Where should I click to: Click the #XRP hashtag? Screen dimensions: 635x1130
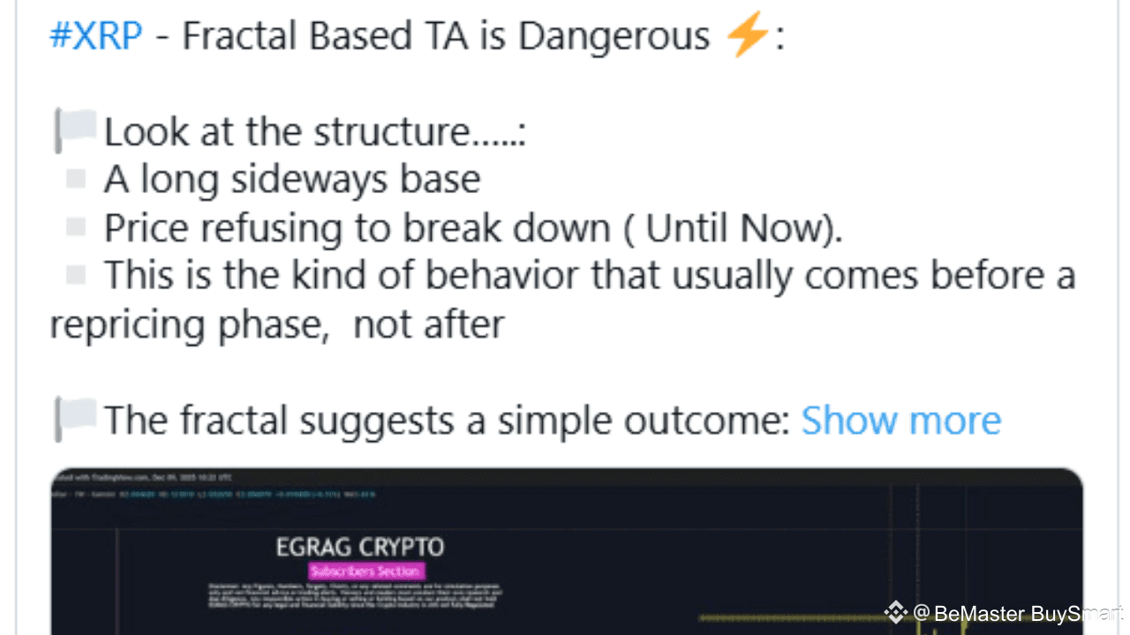tap(95, 37)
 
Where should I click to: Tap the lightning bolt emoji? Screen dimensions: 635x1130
tap(747, 37)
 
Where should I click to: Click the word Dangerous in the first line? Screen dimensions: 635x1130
tap(614, 37)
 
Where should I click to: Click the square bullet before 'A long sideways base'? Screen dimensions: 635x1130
tap(76, 179)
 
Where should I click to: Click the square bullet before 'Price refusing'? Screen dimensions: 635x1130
tap(76, 228)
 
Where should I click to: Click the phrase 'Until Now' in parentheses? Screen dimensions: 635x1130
tap(734, 228)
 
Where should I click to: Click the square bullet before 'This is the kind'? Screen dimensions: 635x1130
tap(76, 275)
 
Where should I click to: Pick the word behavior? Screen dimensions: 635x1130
tap(506, 276)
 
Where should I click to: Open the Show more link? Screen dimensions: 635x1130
tap(900, 421)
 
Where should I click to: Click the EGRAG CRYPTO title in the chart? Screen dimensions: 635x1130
tap(360, 547)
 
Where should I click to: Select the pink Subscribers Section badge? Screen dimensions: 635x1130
tap(366, 571)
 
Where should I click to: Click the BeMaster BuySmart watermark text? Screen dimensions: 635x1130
tap(1028, 613)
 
